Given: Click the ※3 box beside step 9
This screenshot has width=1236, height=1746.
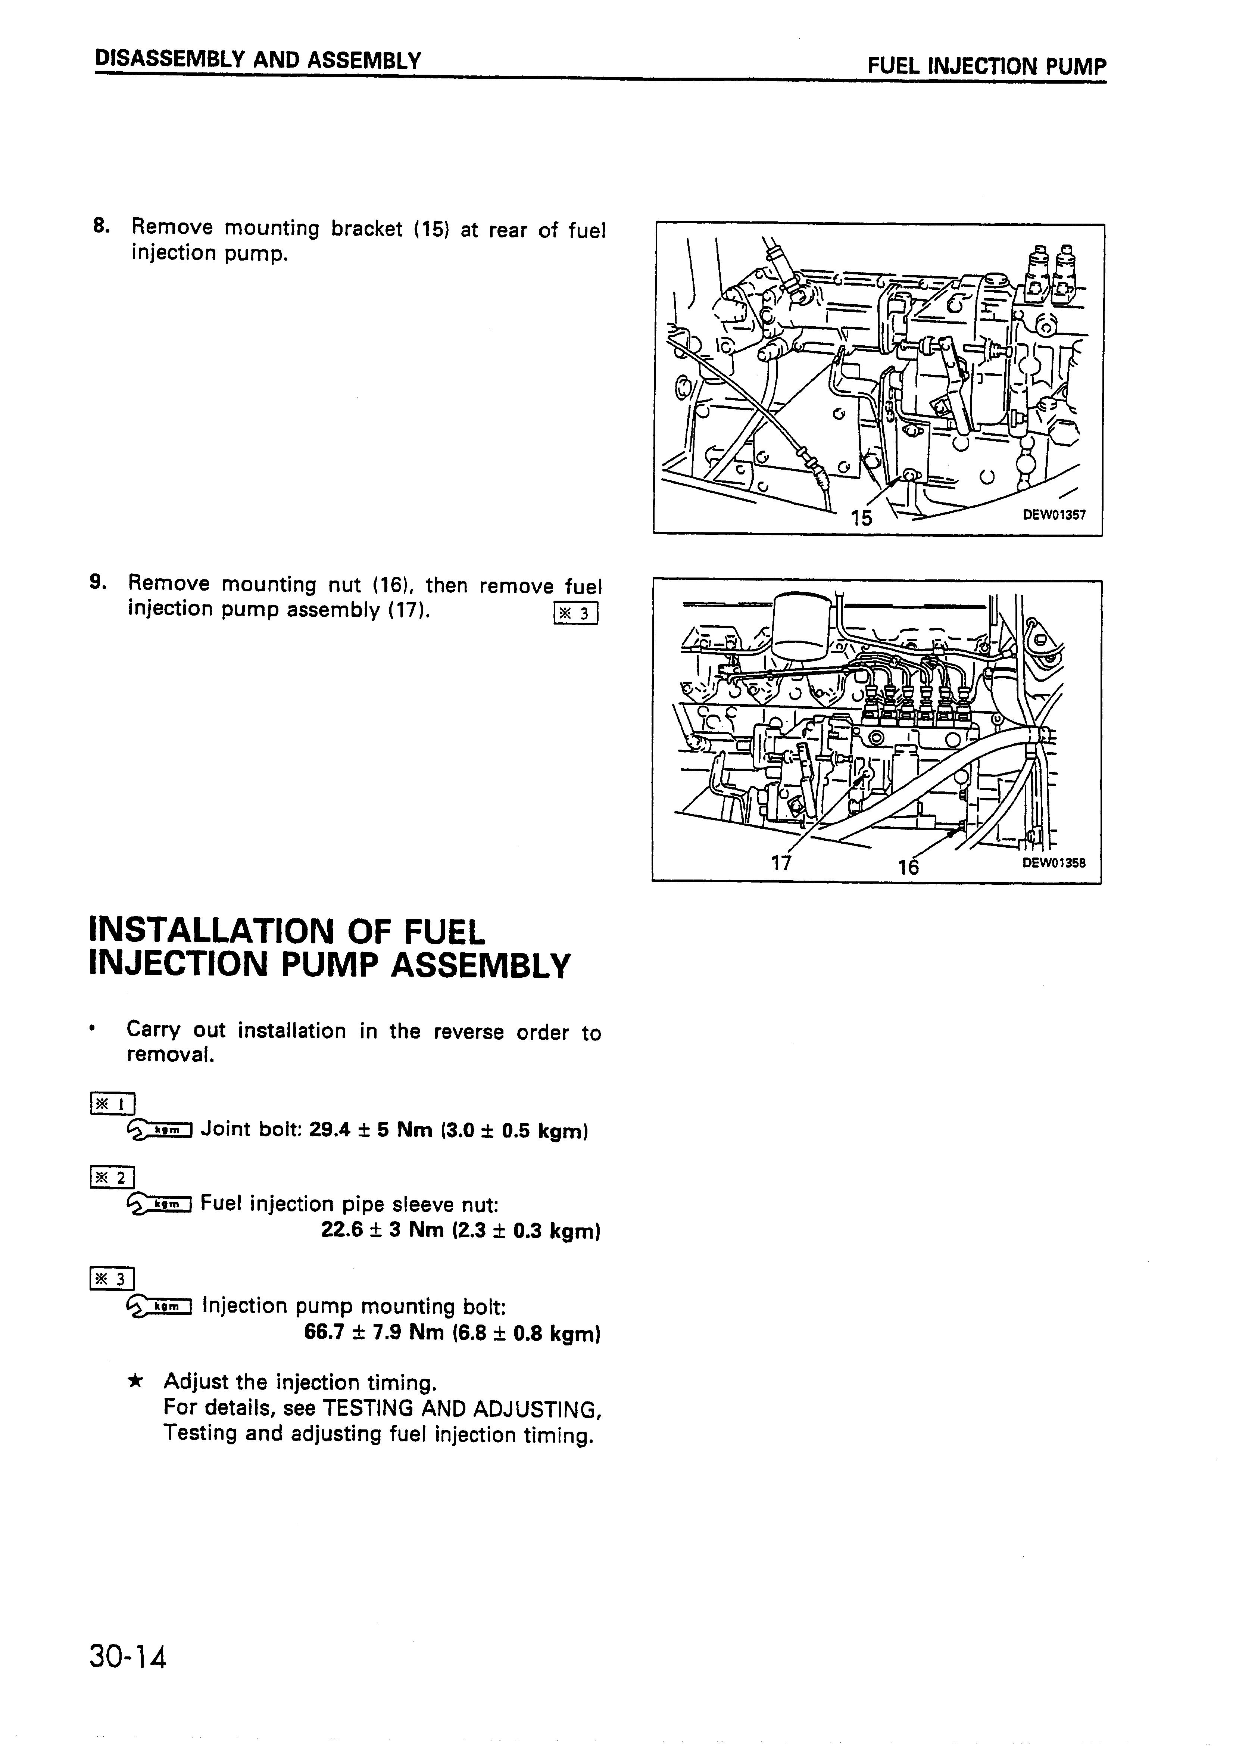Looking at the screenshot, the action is click(577, 613).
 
